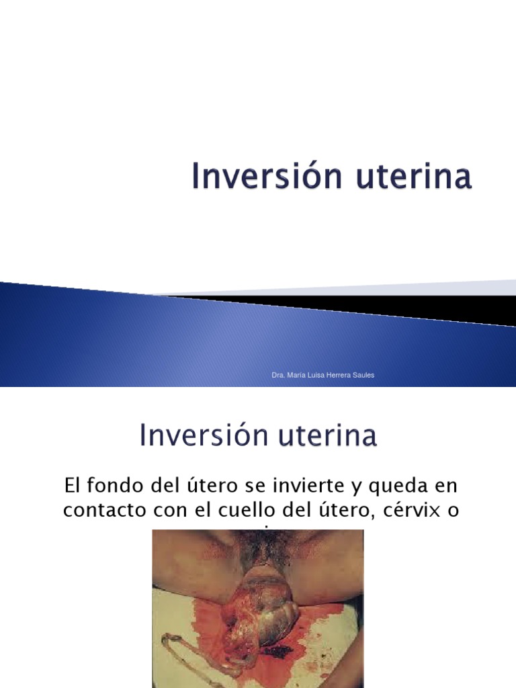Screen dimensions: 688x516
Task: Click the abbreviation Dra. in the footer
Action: click(278, 375)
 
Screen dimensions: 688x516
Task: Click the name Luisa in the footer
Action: click(318, 375)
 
